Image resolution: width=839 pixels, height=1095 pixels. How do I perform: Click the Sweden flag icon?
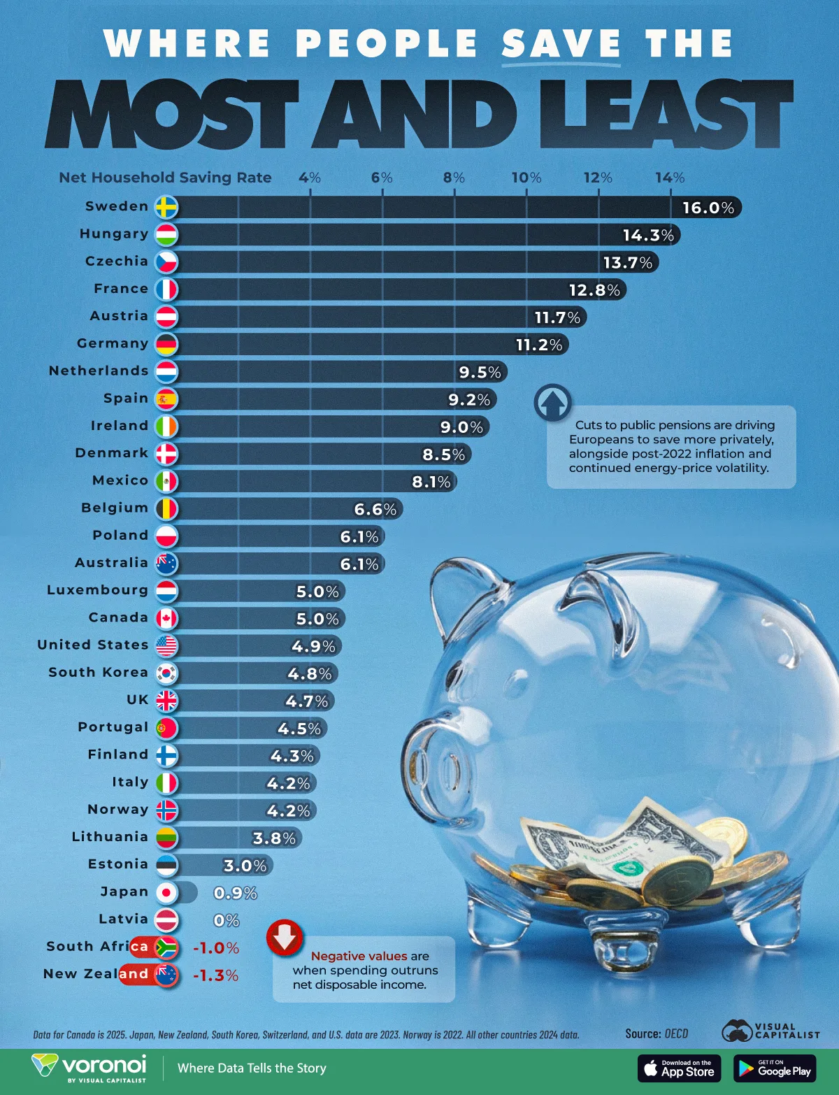166,207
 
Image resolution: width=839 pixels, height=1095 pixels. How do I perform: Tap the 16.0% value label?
708,208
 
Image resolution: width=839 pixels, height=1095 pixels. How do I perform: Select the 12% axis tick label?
598,178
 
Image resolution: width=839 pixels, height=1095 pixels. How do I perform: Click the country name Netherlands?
99,371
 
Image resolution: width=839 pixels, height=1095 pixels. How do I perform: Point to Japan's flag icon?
166,893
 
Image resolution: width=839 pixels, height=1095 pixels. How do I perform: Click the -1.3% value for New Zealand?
215,975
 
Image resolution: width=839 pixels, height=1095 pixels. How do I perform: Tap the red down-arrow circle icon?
285,938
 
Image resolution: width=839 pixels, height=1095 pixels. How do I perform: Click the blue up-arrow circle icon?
552,403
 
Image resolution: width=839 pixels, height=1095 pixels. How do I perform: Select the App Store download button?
679,1068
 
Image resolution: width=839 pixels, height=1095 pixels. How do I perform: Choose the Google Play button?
775,1068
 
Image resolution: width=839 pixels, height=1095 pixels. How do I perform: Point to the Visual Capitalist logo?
770,1031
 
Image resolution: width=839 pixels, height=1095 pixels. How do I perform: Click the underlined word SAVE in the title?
561,43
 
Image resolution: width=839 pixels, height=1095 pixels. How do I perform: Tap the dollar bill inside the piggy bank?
615,843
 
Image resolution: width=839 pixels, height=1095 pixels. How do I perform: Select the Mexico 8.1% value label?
431,482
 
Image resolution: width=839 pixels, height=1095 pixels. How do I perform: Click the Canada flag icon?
166,618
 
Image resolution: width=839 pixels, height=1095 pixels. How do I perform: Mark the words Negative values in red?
359,956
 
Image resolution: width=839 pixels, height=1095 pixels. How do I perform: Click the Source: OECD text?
657,1033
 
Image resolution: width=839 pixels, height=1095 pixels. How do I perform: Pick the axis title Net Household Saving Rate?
165,178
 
